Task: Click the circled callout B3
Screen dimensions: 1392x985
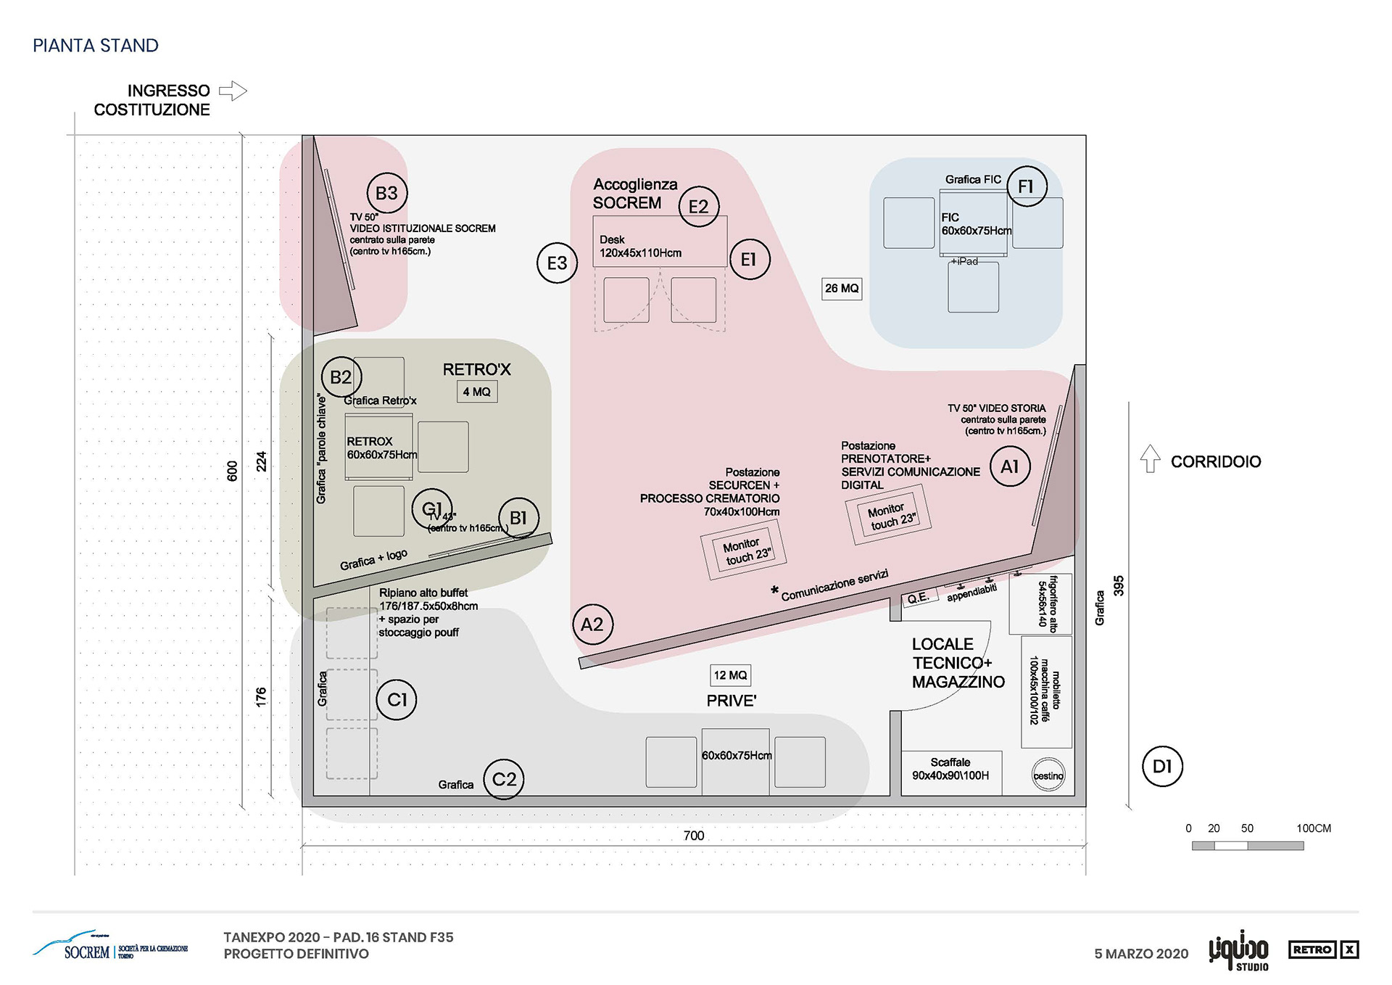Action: (386, 193)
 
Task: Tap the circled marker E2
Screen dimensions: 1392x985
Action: (698, 207)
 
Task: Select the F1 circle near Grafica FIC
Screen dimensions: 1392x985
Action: (1027, 186)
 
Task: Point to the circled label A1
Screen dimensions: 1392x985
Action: (1010, 466)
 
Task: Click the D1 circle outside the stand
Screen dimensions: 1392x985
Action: (1162, 766)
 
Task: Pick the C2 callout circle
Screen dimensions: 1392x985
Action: (504, 779)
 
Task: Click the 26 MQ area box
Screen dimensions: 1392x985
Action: (842, 289)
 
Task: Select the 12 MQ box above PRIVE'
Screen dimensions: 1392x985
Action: (731, 675)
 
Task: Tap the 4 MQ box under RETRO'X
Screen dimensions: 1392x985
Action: (477, 392)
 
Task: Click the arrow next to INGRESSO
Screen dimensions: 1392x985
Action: (233, 91)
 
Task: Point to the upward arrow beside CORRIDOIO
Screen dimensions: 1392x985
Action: (1150, 459)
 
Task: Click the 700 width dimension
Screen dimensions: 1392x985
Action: (694, 836)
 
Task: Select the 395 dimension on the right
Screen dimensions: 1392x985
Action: (1119, 586)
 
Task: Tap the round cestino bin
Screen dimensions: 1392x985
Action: (1048, 775)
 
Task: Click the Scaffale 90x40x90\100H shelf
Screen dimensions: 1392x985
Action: (950, 770)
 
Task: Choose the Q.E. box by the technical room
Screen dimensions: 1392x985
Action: (918, 598)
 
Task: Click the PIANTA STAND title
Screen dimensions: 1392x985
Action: (96, 46)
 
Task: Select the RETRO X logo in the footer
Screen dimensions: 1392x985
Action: (1324, 949)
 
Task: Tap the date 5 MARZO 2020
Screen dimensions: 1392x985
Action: (1141, 954)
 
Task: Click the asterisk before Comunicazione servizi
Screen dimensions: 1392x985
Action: (774, 590)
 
